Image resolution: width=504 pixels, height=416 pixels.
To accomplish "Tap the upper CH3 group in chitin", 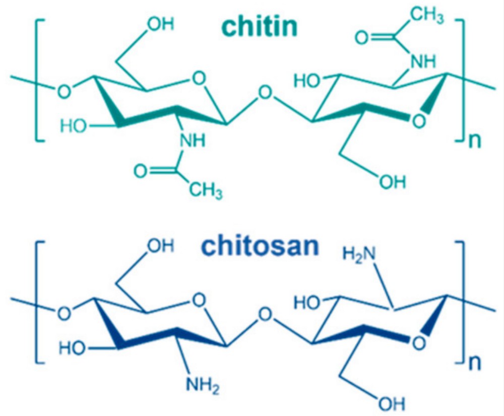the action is click(x=426, y=16).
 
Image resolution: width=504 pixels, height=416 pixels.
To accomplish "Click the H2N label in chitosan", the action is click(x=359, y=254).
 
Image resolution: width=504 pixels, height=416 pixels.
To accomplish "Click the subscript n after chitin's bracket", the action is click(x=475, y=141).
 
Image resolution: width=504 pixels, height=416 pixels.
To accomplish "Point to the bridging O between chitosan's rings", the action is click(x=265, y=314).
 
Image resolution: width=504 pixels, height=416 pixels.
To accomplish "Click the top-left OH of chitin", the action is click(x=160, y=24).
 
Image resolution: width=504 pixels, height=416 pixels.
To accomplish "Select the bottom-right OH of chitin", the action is click(x=392, y=183).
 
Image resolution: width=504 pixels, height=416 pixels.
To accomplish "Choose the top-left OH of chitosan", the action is click(x=160, y=247).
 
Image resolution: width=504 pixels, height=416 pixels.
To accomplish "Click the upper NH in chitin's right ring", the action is click(x=423, y=61).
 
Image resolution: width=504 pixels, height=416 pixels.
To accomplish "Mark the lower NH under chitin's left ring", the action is click(x=192, y=140).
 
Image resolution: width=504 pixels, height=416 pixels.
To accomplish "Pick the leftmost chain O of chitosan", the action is click(x=64, y=314).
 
